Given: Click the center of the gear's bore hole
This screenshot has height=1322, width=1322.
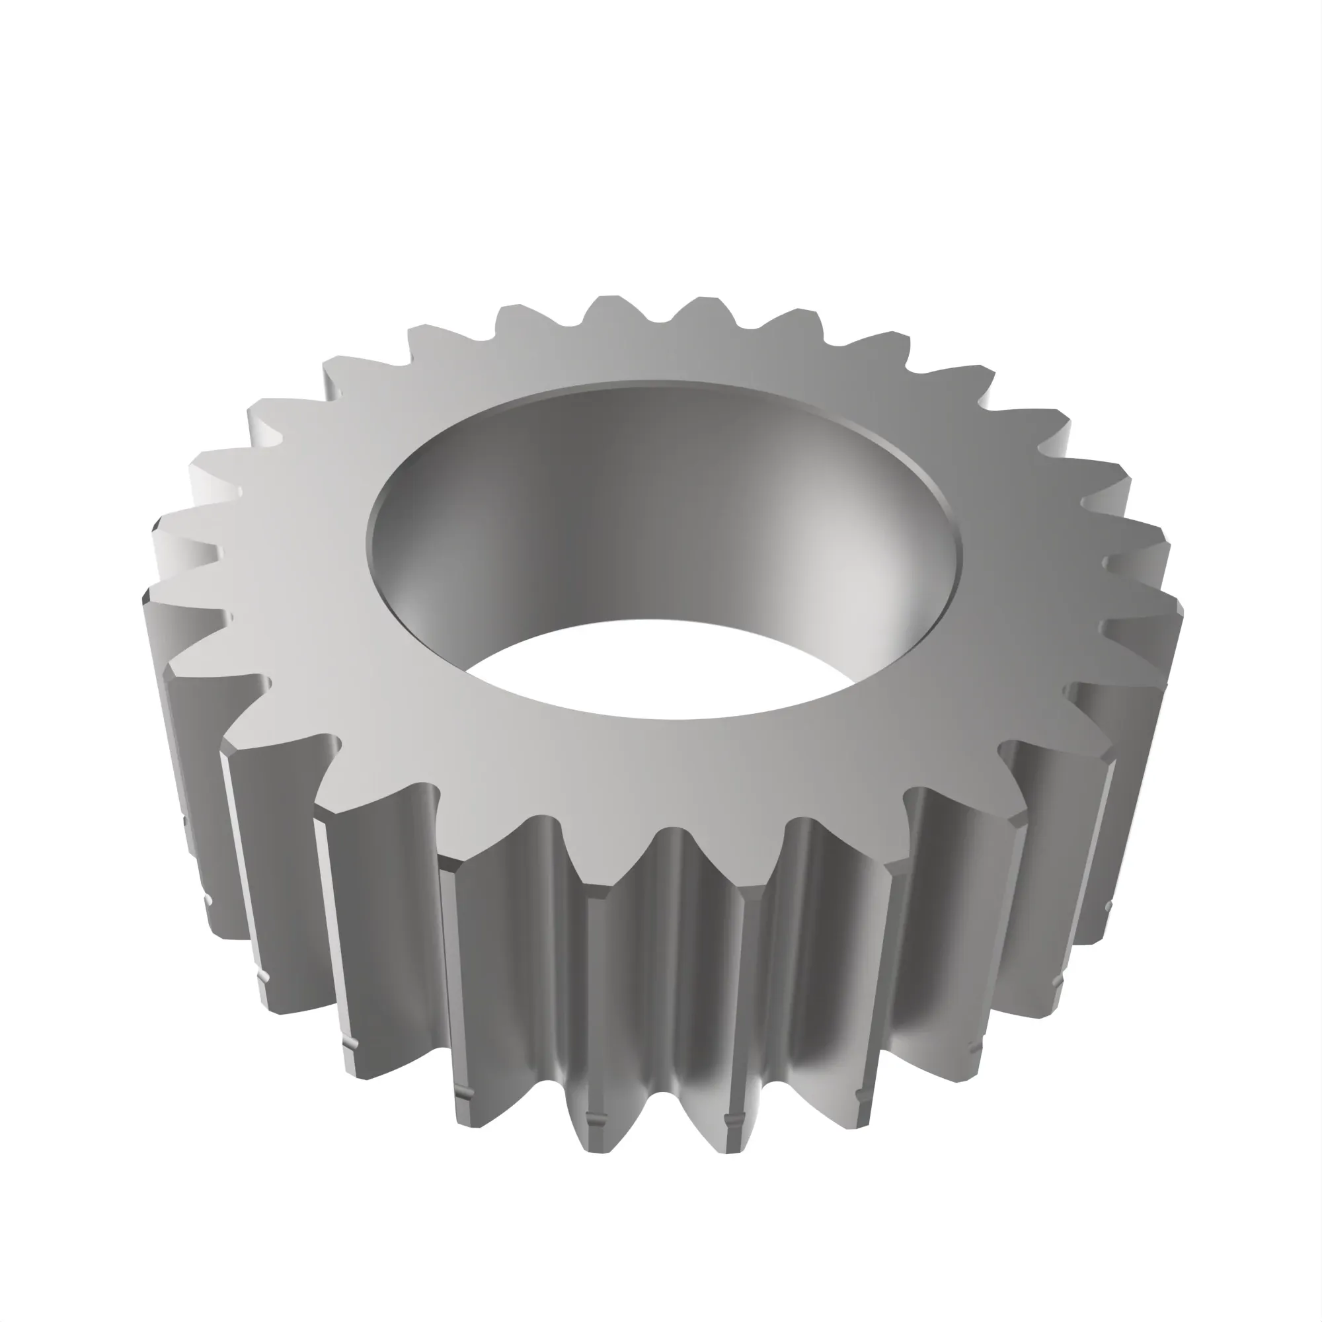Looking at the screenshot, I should tap(664, 547).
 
